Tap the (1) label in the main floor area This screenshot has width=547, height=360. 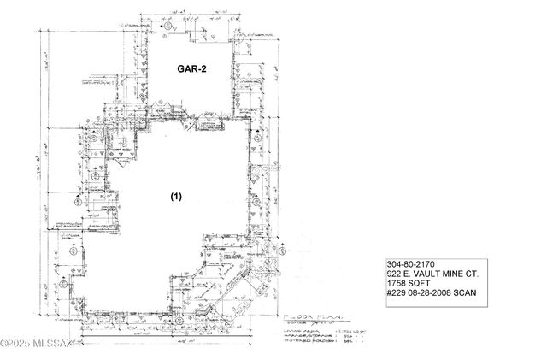(x=175, y=197)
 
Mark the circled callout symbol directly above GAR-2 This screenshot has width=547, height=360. (x=168, y=28)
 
